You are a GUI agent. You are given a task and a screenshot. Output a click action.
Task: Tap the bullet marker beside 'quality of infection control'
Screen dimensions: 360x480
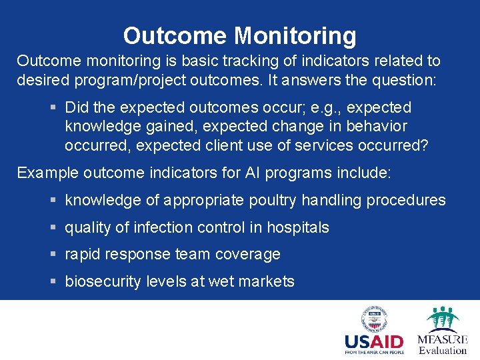point(53,228)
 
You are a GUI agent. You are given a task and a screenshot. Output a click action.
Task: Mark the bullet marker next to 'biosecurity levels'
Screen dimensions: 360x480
point(53,282)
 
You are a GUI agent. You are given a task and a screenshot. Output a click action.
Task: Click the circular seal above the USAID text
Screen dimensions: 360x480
point(374,319)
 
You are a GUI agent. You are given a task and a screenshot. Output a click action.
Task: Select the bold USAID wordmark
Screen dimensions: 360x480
point(374,343)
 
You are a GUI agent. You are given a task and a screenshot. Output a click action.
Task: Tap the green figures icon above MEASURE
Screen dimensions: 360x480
point(443,319)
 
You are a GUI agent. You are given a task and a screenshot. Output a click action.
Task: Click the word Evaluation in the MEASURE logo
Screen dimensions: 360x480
point(443,351)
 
